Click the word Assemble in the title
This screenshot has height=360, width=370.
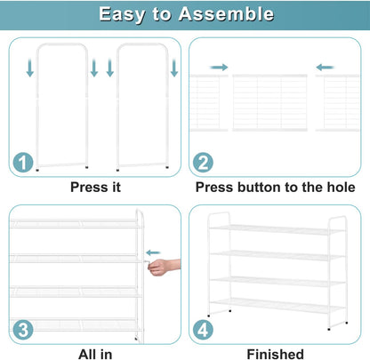point(226,14)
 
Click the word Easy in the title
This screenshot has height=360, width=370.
point(122,15)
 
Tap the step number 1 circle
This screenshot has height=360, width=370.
point(23,162)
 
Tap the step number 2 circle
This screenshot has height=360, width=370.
point(203,162)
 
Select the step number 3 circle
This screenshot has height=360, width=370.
point(23,330)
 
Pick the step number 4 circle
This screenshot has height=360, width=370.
point(203,330)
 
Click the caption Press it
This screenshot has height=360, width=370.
point(95,188)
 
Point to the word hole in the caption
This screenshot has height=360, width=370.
point(341,188)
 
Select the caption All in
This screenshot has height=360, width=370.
point(95,355)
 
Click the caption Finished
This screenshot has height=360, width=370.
point(276,355)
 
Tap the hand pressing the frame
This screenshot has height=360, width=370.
point(164,267)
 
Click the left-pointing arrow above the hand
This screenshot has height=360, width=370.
point(153,252)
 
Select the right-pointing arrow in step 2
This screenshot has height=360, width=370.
point(219,68)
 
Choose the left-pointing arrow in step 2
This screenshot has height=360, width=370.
point(325,68)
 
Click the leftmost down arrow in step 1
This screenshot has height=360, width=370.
point(30,68)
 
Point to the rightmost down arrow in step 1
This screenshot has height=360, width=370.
point(174,68)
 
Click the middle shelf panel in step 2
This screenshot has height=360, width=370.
point(269,103)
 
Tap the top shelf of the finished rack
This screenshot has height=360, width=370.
point(277,229)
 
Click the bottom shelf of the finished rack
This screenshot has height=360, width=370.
point(277,306)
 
